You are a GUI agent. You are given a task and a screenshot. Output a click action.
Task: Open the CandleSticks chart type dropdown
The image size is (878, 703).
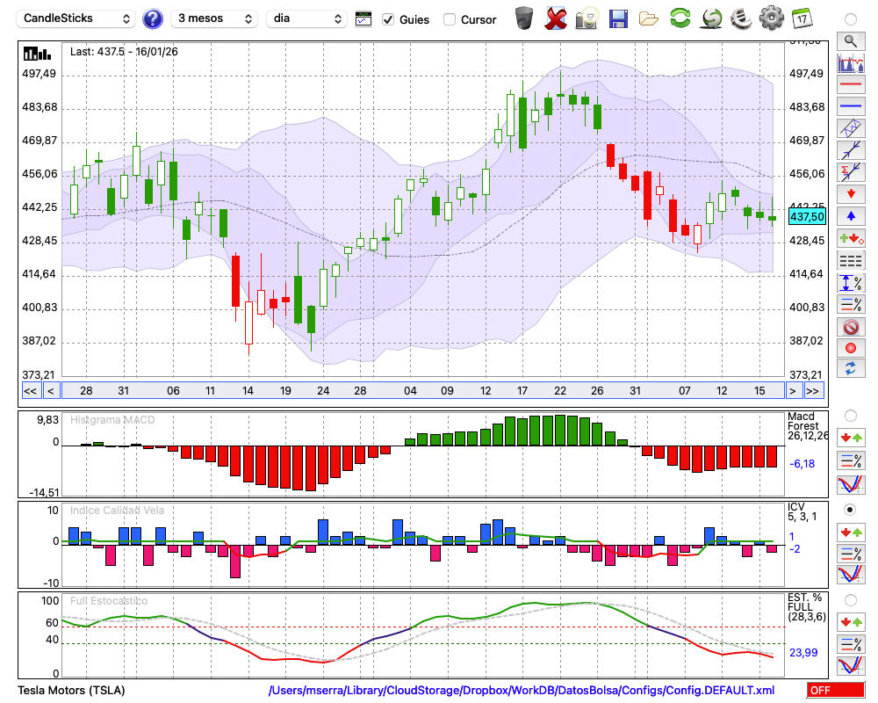(x=77, y=18)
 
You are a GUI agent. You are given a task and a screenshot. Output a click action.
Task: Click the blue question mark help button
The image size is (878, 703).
(x=153, y=18)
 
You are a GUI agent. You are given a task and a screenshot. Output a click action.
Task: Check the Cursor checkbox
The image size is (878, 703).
(x=450, y=19)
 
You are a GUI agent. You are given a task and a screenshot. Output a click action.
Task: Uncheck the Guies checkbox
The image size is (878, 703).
(x=388, y=19)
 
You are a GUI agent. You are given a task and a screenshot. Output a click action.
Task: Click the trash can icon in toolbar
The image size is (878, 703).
(x=524, y=18)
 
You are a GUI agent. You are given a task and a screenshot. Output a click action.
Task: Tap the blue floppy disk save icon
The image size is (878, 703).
(x=618, y=18)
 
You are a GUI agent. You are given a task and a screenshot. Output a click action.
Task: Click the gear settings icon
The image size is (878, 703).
(x=771, y=18)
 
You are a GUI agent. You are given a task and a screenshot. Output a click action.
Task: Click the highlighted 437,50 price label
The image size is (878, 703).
(x=807, y=216)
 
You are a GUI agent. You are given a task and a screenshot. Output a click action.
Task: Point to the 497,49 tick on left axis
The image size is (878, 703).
(x=39, y=74)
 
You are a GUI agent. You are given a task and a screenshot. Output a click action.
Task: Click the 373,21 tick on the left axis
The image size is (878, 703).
(x=39, y=374)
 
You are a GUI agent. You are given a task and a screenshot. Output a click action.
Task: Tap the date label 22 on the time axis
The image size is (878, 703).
(x=560, y=390)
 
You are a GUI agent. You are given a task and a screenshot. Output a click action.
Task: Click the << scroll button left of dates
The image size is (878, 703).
(x=30, y=390)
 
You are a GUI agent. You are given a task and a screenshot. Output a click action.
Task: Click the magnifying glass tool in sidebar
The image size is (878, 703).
(x=850, y=40)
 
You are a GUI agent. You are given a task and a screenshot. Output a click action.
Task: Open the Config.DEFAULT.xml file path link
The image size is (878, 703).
(x=522, y=690)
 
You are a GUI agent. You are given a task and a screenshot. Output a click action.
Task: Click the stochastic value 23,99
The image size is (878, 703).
(x=803, y=652)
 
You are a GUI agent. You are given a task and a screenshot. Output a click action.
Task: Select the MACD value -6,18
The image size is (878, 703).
(x=803, y=463)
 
